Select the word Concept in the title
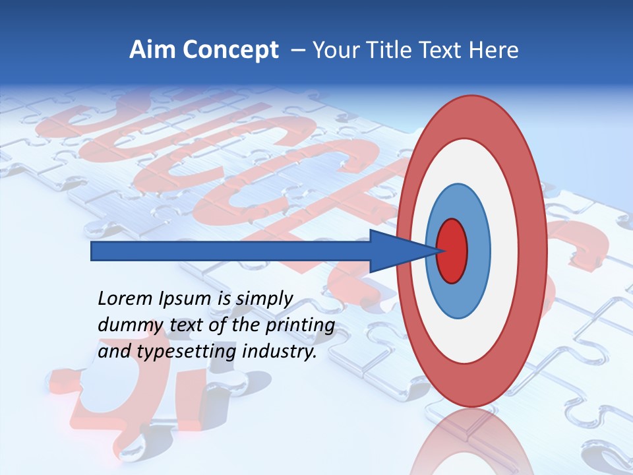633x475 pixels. click(x=229, y=50)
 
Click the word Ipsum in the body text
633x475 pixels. click(x=184, y=300)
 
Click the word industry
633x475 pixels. click(x=280, y=352)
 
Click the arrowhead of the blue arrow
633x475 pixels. click(x=396, y=251)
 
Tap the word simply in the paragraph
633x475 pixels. click(x=264, y=300)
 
